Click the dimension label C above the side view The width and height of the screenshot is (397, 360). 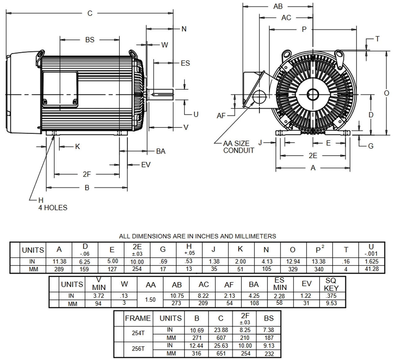click(x=90, y=13)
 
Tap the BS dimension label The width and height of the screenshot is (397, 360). click(x=90, y=40)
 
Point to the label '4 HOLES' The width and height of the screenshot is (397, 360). click(x=53, y=208)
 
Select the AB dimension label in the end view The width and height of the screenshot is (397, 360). click(x=278, y=7)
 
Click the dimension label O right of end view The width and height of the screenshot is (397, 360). click(x=386, y=93)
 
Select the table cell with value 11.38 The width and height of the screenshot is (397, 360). click(x=59, y=261)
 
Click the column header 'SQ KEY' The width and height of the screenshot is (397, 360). click(x=331, y=284)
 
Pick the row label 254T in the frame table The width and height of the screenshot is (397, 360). click(x=138, y=333)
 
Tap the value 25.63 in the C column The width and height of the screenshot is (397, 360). click(x=221, y=345)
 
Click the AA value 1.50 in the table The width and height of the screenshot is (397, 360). click(x=150, y=300)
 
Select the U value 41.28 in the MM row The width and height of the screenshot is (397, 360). click(x=372, y=269)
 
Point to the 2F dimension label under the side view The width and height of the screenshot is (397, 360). click(x=87, y=174)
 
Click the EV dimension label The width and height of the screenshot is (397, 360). click(x=145, y=165)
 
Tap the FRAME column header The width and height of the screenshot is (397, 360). click(x=138, y=318)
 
